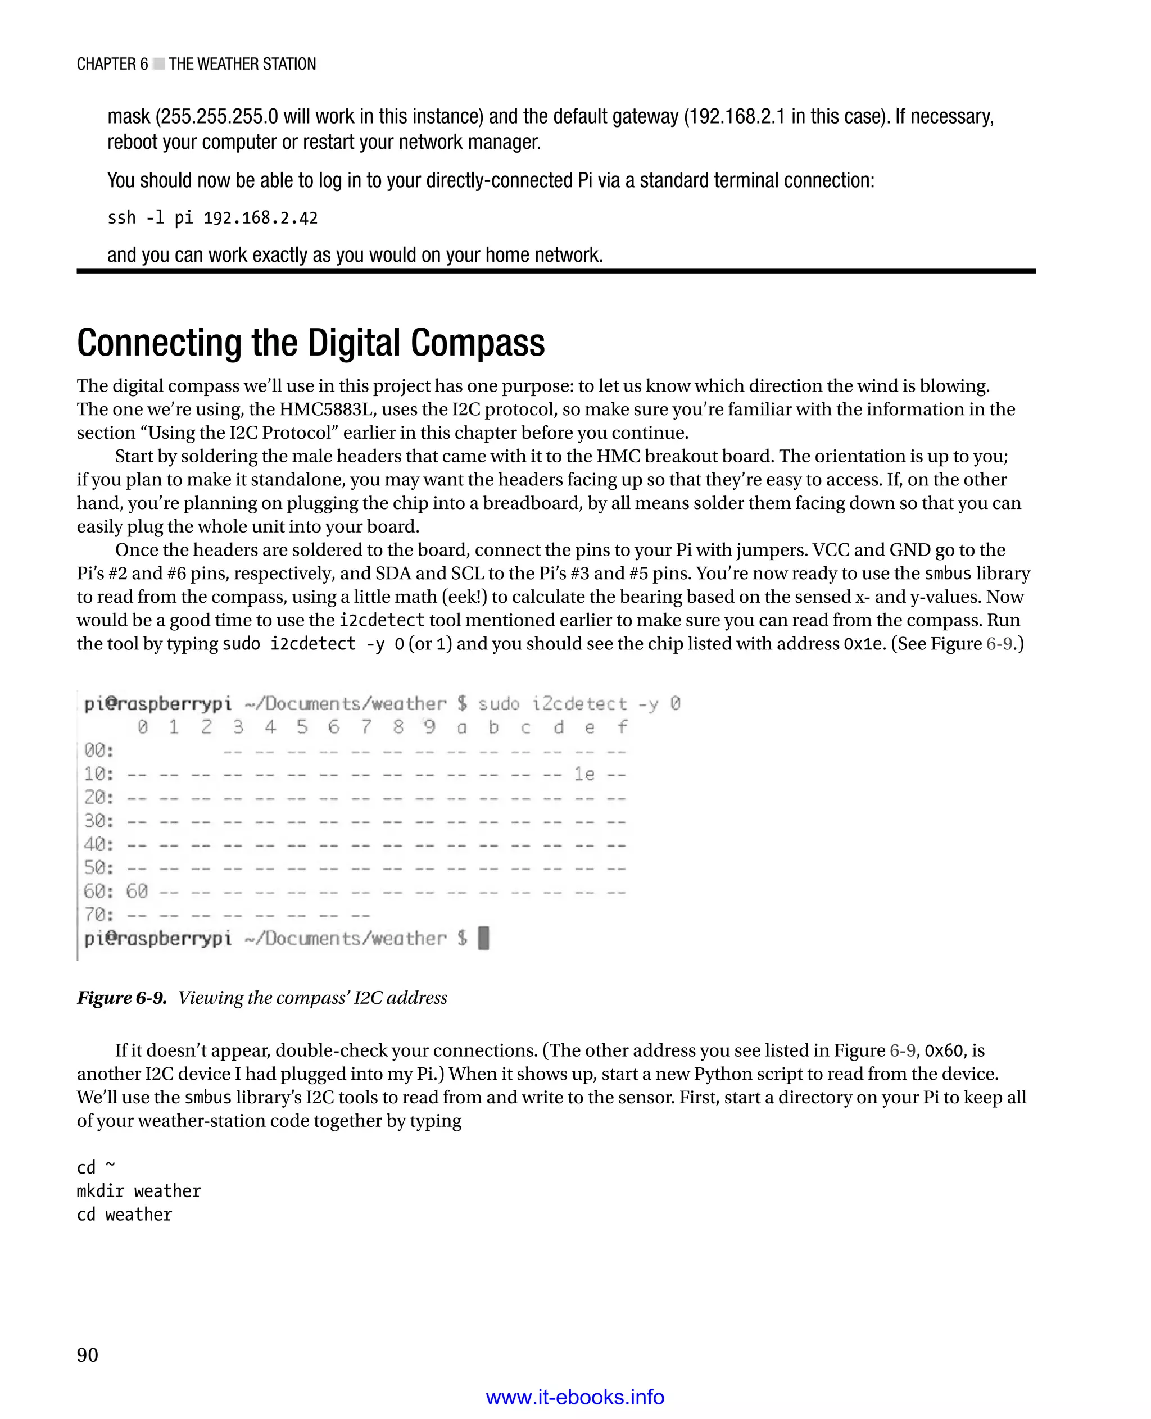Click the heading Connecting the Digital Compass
click(x=310, y=343)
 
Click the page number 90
click(x=88, y=1355)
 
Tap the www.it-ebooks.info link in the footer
click(x=575, y=1397)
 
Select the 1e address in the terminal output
click(x=584, y=774)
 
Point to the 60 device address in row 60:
click(x=137, y=892)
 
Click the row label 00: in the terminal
click(x=99, y=751)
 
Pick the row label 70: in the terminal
click(x=99, y=915)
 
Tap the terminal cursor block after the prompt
click(x=484, y=939)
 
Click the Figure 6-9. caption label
click(x=122, y=998)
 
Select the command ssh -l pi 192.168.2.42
click(x=212, y=218)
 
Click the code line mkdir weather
click(x=139, y=1191)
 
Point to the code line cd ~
click(x=96, y=1167)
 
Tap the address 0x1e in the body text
click(x=864, y=644)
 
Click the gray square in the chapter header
click(x=158, y=64)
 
